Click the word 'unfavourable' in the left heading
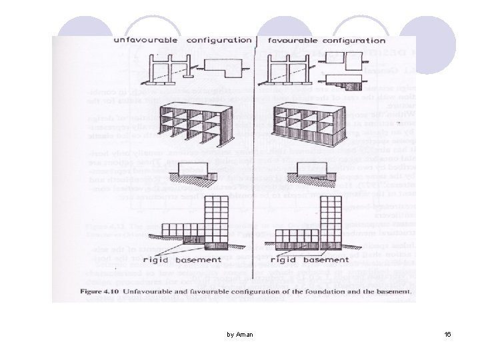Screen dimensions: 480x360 pyautogui.click(x=145, y=40)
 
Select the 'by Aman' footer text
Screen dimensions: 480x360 pyautogui.click(x=239, y=333)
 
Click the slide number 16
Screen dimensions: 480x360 pyautogui.click(x=447, y=333)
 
